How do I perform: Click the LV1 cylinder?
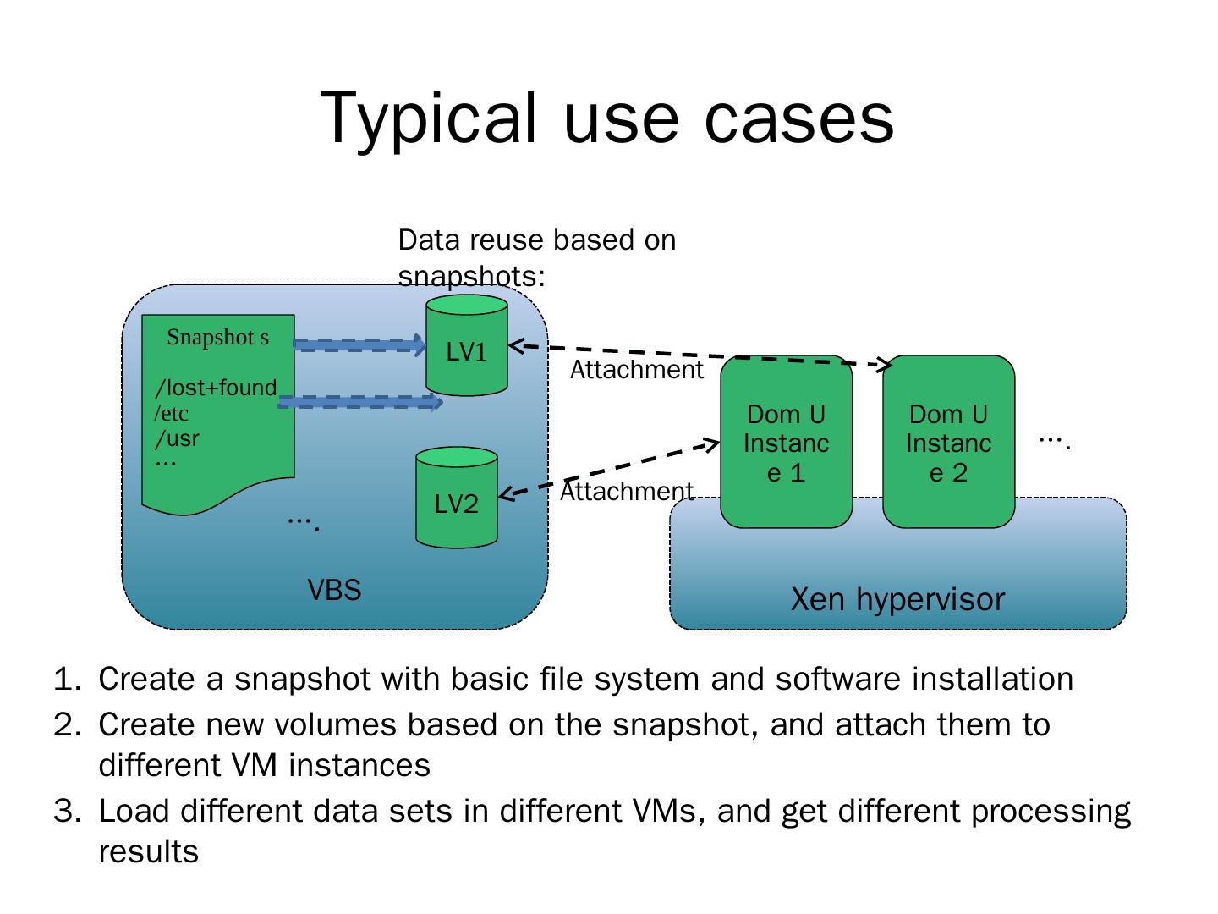coord(466,345)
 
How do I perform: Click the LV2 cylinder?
coord(456,498)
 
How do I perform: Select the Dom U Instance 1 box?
coord(786,442)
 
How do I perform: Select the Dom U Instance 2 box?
coord(948,442)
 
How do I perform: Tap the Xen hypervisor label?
coord(897,599)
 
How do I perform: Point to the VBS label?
coord(334,589)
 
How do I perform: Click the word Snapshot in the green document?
coord(211,338)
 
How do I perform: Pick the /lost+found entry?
coord(216,388)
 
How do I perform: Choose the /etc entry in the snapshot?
coord(171,414)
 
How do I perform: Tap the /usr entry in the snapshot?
coord(177,438)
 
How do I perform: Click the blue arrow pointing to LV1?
coord(359,344)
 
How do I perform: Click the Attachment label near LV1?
coord(636,370)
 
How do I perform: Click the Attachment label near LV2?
coord(626,492)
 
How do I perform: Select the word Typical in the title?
coord(428,119)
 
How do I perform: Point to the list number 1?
coord(67,680)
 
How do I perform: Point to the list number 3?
coord(67,812)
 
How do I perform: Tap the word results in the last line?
coord(148,852)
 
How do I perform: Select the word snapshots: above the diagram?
coord(471,276)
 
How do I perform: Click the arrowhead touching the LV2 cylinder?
coord(506,494)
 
